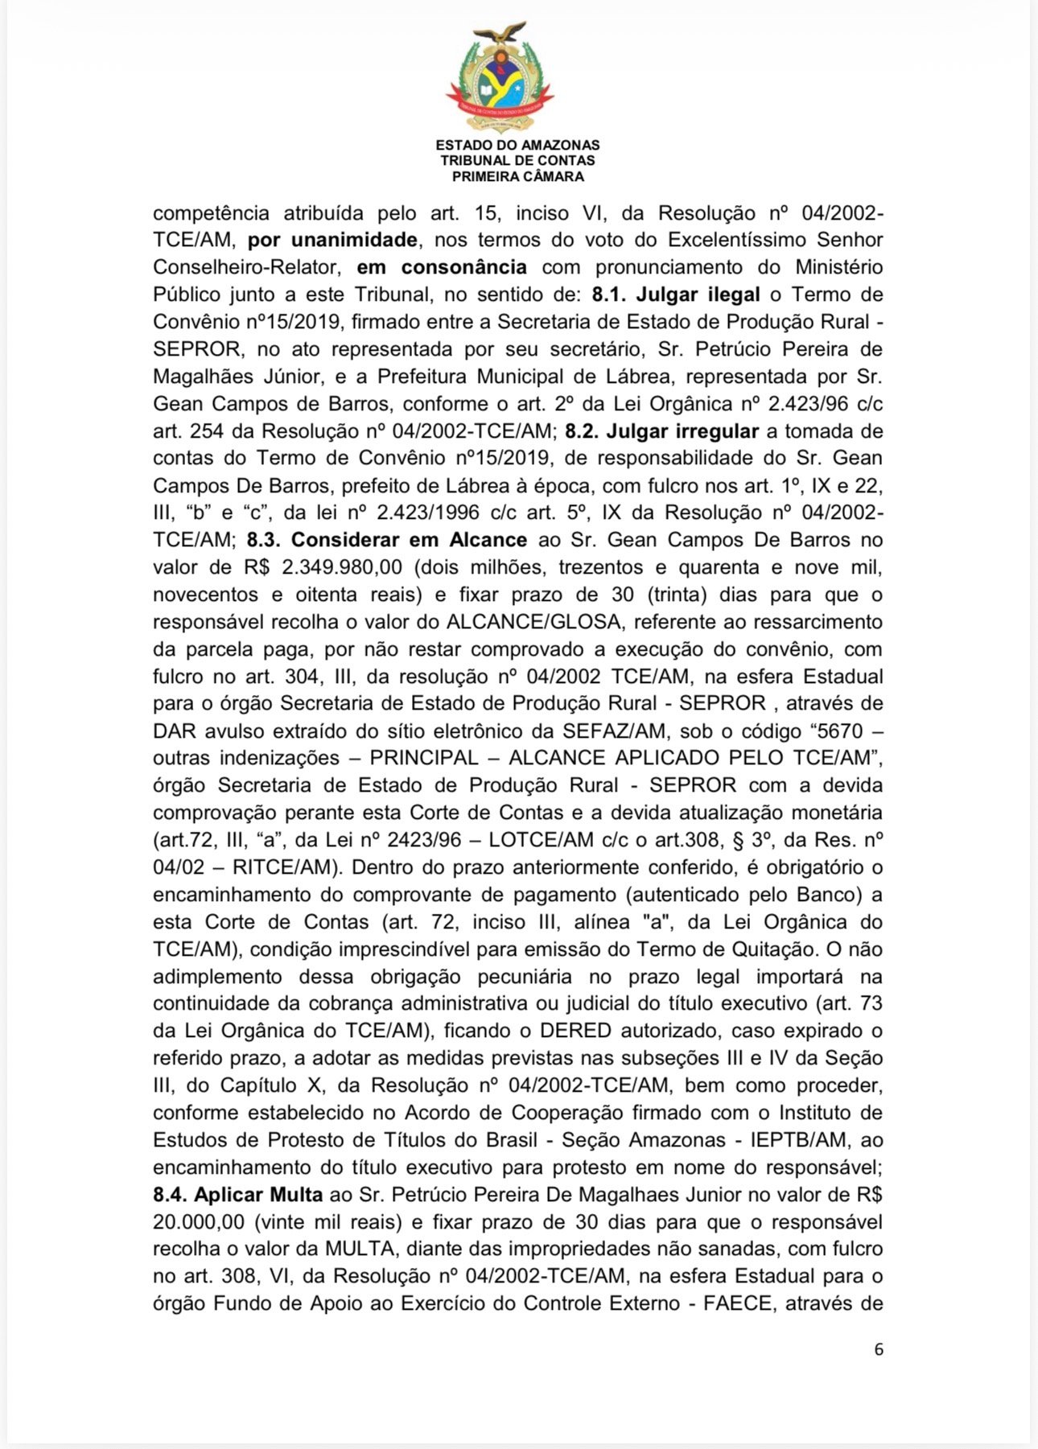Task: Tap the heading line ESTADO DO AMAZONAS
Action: click(x=517, y=146)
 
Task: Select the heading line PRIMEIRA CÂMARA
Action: click(x=517, y=176)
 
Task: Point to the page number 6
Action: click(x=879, y=1349)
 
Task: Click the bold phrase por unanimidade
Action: click(x=332, y=240)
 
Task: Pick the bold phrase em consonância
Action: click(x=442, y=267)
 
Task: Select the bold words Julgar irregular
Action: click(x=682, y=431)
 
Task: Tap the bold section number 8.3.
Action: click(x=266, y=540)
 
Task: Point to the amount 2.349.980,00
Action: click(x=342, y=567)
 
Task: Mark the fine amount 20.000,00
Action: click(x=199, y=1222)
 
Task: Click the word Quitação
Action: click(x=776, y=949)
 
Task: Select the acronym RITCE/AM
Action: click(x=282, y=867)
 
